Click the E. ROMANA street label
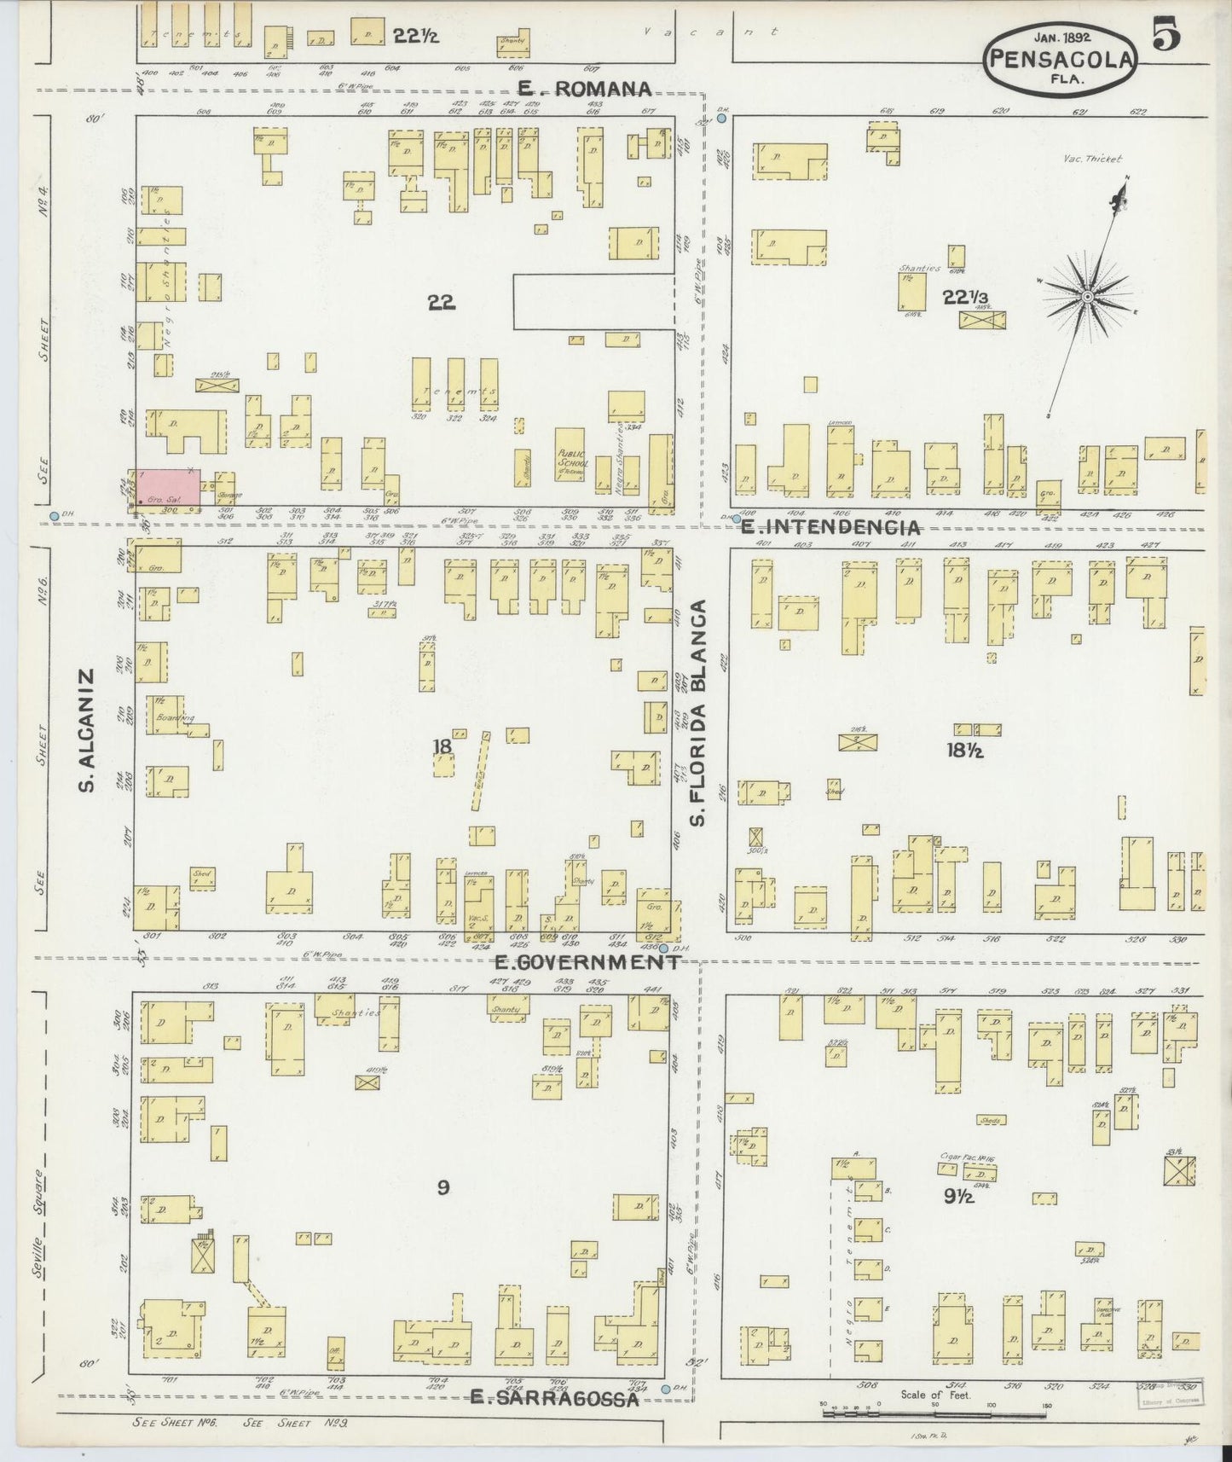click(x=585, y=89)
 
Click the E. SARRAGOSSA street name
click(x=554, y=1398)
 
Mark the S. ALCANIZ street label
click(x=86, y=730)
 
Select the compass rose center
click(x=1088, y=296)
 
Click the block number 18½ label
click(x=965, y=751)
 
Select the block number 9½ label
click(x=959, y=1196)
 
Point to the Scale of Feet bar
click(x=935, y=1413)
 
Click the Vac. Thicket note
click(x=1094, y=159)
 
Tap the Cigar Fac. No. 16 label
click(x=968, y=1157)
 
